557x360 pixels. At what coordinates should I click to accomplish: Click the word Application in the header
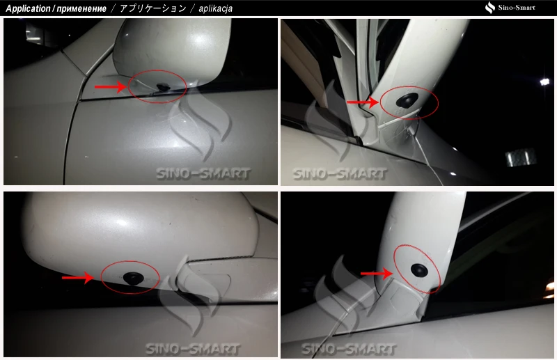[28, 8]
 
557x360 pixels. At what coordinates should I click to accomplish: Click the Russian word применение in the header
[81, 9]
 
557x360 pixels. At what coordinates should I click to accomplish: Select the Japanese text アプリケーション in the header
[153, 8]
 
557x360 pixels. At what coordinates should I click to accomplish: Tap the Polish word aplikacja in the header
[216, 9]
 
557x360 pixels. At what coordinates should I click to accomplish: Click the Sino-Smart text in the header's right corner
[517, 8]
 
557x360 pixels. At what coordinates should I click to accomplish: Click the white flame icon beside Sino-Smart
[490, 8]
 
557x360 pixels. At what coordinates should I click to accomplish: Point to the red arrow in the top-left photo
[111, 87]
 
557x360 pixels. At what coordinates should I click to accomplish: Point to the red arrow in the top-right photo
[363, 102]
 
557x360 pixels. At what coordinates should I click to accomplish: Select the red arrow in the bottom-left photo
[78, 278]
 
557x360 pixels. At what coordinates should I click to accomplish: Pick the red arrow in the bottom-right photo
[377, 274]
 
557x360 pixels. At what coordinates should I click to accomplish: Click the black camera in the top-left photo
[164, 86]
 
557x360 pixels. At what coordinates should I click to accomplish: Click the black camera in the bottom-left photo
[132, 279]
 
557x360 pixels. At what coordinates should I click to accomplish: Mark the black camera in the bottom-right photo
[419, 269]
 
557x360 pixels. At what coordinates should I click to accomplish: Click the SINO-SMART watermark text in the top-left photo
[203, 174]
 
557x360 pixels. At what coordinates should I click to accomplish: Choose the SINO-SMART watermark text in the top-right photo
[340, 174]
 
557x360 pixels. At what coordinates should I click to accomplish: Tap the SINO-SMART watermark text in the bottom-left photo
[193, 349]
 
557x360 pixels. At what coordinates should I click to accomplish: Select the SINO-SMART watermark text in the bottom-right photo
[349, 349]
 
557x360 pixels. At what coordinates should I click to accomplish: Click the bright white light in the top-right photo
[544, 82]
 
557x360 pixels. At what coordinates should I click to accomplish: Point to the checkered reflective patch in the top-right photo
[521, 157]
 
